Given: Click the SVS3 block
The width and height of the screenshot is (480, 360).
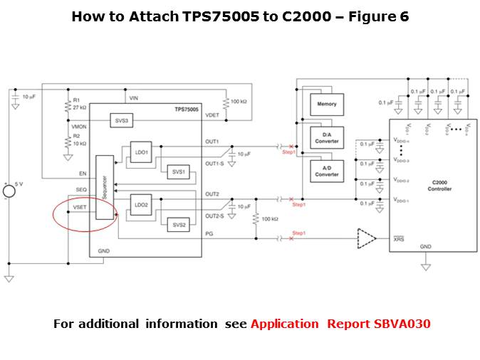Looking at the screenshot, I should (122, 122).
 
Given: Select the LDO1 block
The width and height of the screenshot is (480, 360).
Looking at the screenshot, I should (141, 152).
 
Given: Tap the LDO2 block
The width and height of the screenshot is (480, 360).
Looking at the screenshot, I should (141, 206).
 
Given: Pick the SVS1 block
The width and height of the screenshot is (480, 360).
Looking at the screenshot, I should (177, 171).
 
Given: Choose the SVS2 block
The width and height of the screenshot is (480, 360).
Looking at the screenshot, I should (177, 225).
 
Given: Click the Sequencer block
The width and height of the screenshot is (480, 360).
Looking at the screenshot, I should (105, 192).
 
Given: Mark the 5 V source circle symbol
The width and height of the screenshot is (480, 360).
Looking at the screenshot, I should (9, 190).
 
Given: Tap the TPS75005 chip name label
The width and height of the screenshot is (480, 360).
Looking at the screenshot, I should (187, 110).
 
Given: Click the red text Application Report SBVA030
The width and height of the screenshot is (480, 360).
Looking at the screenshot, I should (340, 324).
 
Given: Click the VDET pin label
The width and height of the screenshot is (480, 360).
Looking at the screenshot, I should (212, 115).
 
